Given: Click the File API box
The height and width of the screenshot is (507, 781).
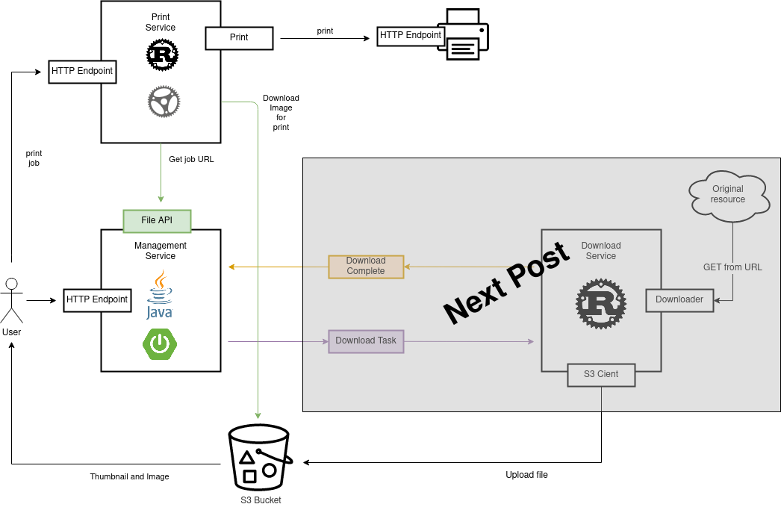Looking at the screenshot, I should coord(157,220).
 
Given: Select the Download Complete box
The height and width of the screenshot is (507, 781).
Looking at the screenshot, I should coord(366,267).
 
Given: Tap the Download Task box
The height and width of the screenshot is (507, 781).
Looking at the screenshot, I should coord(366,341).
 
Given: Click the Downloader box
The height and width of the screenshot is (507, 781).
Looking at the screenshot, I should coord(679,300).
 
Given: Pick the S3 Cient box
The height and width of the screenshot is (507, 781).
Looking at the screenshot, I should coord(601,375).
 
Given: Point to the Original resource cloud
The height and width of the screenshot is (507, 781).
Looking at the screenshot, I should coord(728,196).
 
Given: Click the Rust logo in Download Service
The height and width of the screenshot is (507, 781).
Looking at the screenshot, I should coord(600,303).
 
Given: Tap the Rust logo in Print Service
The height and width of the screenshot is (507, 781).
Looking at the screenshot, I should coord(162,55).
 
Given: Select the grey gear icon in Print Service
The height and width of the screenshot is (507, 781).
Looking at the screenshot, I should coord(164,102).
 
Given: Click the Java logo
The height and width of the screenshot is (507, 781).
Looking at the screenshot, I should coord(159,294).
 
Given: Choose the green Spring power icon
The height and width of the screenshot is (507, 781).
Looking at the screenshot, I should coord(160,343).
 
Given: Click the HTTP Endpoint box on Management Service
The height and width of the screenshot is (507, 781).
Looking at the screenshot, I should coord(97,300).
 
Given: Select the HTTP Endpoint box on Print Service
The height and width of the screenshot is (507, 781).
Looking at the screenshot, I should coord(82,72).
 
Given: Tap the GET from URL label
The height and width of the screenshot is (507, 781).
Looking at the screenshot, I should coord(732,267).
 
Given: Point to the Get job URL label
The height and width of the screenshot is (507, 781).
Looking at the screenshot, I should coord(191,159).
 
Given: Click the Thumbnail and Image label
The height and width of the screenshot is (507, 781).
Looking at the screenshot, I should coord(130,476).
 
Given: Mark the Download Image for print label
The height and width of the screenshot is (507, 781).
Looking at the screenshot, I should coord(281,113).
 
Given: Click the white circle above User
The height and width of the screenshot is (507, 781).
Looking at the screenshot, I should coord(11,284).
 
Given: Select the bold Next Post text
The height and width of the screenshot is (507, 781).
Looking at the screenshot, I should coord(505,286).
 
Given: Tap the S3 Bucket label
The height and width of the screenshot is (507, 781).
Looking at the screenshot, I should coord(261,500).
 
